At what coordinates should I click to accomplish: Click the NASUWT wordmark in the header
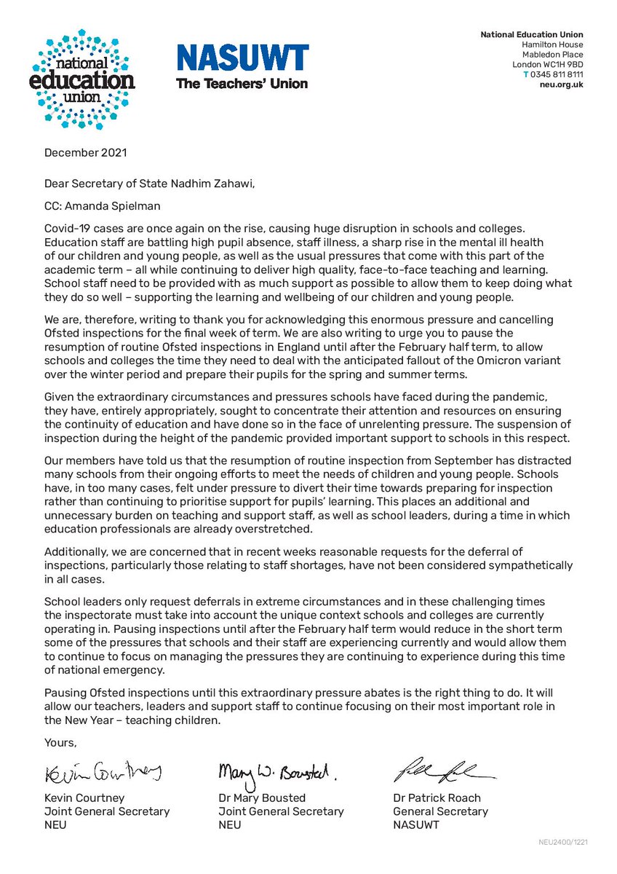pos(242,58)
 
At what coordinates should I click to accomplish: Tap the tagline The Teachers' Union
pos(242,83)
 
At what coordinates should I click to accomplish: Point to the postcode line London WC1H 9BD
pos(547,64)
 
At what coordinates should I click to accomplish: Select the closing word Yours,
pos(60,742)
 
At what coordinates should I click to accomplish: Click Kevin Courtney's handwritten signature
pos(103,771)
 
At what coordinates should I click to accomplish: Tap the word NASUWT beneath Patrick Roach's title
pos(418,824)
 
